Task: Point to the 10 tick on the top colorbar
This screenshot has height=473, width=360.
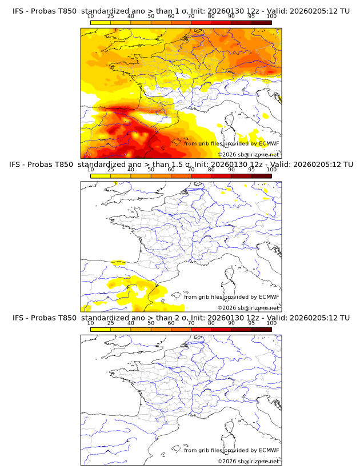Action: coord(90,17)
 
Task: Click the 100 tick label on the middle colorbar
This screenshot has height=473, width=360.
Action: coord(271,170)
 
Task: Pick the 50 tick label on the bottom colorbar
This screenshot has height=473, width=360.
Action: coord(151,323)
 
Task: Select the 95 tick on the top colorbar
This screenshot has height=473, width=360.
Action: coord(251,17)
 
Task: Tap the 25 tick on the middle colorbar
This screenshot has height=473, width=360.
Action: coord(110,170)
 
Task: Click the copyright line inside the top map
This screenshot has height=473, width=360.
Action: coord(248,154)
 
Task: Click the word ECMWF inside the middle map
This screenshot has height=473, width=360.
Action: coord(269,296)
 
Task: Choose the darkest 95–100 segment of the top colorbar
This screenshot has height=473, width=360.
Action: coord(261,22)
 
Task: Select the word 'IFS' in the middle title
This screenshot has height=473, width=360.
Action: coord(18,165)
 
